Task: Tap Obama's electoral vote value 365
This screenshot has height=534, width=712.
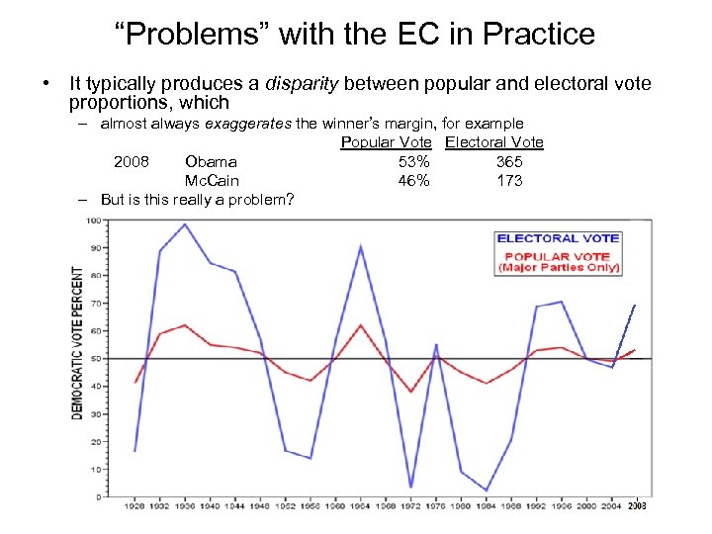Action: [509, 161]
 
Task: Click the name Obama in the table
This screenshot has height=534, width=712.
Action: [211, 161]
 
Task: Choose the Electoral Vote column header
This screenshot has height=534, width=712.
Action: [493, 142]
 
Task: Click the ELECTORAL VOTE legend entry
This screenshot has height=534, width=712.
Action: [558, 238]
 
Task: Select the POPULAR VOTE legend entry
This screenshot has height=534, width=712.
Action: [558, 255]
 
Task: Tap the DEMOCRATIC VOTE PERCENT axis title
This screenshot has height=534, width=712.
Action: [77, 342]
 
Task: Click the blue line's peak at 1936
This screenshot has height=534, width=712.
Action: [184, 223]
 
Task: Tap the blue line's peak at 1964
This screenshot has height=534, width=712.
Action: [361, 245]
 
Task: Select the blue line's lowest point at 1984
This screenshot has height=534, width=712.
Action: [487, 490]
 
